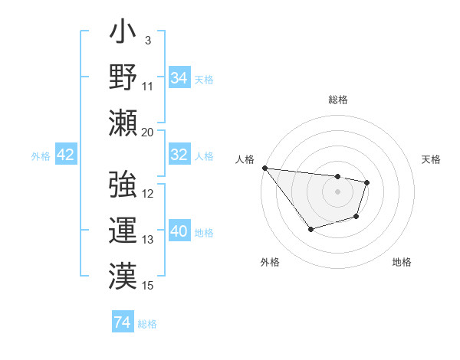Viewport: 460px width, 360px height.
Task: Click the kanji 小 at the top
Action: pyautogui.click(x=123, y=35)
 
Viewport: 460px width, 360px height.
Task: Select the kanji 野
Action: pyautogui.click(x=123, y=78)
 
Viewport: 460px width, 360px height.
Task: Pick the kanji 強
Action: pyautogui.click(x=123, y=185)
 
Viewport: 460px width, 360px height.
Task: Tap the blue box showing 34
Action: pyautogui.click(x=179, y=77)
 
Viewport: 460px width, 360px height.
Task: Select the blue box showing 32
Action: pyautogui.click(x=179, y=155)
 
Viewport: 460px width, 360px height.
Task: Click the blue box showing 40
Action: pyautogui.click(x=179, y=231)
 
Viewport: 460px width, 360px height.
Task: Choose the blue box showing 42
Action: pyautogui.click(x=65, y=155)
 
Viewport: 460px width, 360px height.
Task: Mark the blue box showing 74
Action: pyautogui.click(x=122, y=322)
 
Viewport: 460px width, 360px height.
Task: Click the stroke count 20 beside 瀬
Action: pyautogui.click(x=148, y=132)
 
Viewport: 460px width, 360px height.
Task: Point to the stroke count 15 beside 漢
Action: pyautogui.click(x=148, y=286)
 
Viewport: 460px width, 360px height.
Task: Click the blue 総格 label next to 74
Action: pyautogui.click(x=147, y=324)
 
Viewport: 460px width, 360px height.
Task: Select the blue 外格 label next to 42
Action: pyautogui.click(x=41, y=156)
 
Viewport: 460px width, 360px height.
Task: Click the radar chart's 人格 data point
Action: pyautogui.click(x=264, y=168)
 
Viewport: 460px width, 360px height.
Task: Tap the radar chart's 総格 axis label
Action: pyautogui.click(x=338, y=100)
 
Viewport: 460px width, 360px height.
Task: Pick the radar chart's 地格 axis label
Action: pyautogui.click(x=402, y=262)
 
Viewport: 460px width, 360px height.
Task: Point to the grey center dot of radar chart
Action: pyautogui.click(x=337, y=191)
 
